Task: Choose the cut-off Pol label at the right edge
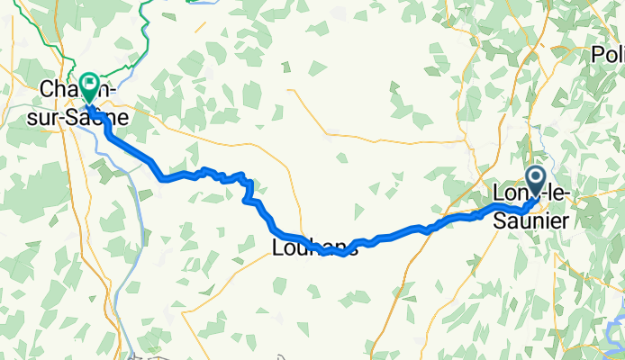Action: [608, 56]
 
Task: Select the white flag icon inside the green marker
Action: [90, 84]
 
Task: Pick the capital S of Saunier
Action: [499, 217]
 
